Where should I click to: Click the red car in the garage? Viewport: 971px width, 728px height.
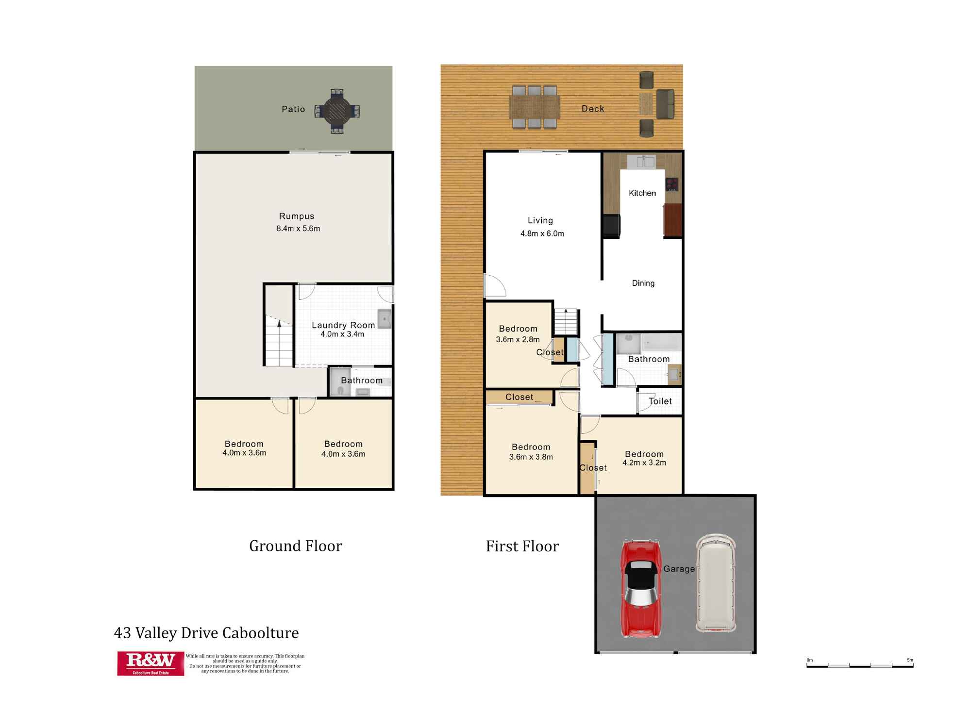point(641,588)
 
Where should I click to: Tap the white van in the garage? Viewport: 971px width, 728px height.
point(716,583)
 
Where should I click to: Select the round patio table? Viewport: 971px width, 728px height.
point(337,111)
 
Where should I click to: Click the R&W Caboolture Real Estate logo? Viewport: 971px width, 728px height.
point(151,663)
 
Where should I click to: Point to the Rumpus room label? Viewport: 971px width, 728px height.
point(297,216)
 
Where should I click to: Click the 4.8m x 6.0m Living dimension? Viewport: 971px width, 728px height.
point(542,233)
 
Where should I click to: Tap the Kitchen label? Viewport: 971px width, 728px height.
point(642,193)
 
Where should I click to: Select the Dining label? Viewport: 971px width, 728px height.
point(643,283)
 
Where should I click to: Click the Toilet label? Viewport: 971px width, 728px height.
point(660,401)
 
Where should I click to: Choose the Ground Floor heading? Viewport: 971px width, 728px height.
point(296,546)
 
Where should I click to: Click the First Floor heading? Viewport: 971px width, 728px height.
point(522,546)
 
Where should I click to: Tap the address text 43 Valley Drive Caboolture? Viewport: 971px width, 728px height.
point(206,633)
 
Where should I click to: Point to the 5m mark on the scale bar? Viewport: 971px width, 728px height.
point(913,666)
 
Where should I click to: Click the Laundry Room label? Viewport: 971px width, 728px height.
point(343,325)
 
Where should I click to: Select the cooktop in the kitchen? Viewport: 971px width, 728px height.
point(672,184)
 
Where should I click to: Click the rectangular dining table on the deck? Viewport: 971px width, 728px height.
point(534,107)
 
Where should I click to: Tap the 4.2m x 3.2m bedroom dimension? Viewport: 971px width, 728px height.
point(644,463)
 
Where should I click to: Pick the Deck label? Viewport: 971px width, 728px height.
point(593,109)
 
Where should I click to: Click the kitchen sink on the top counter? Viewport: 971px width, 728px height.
point(641,161)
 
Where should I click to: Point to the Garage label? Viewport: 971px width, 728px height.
point(679,569)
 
